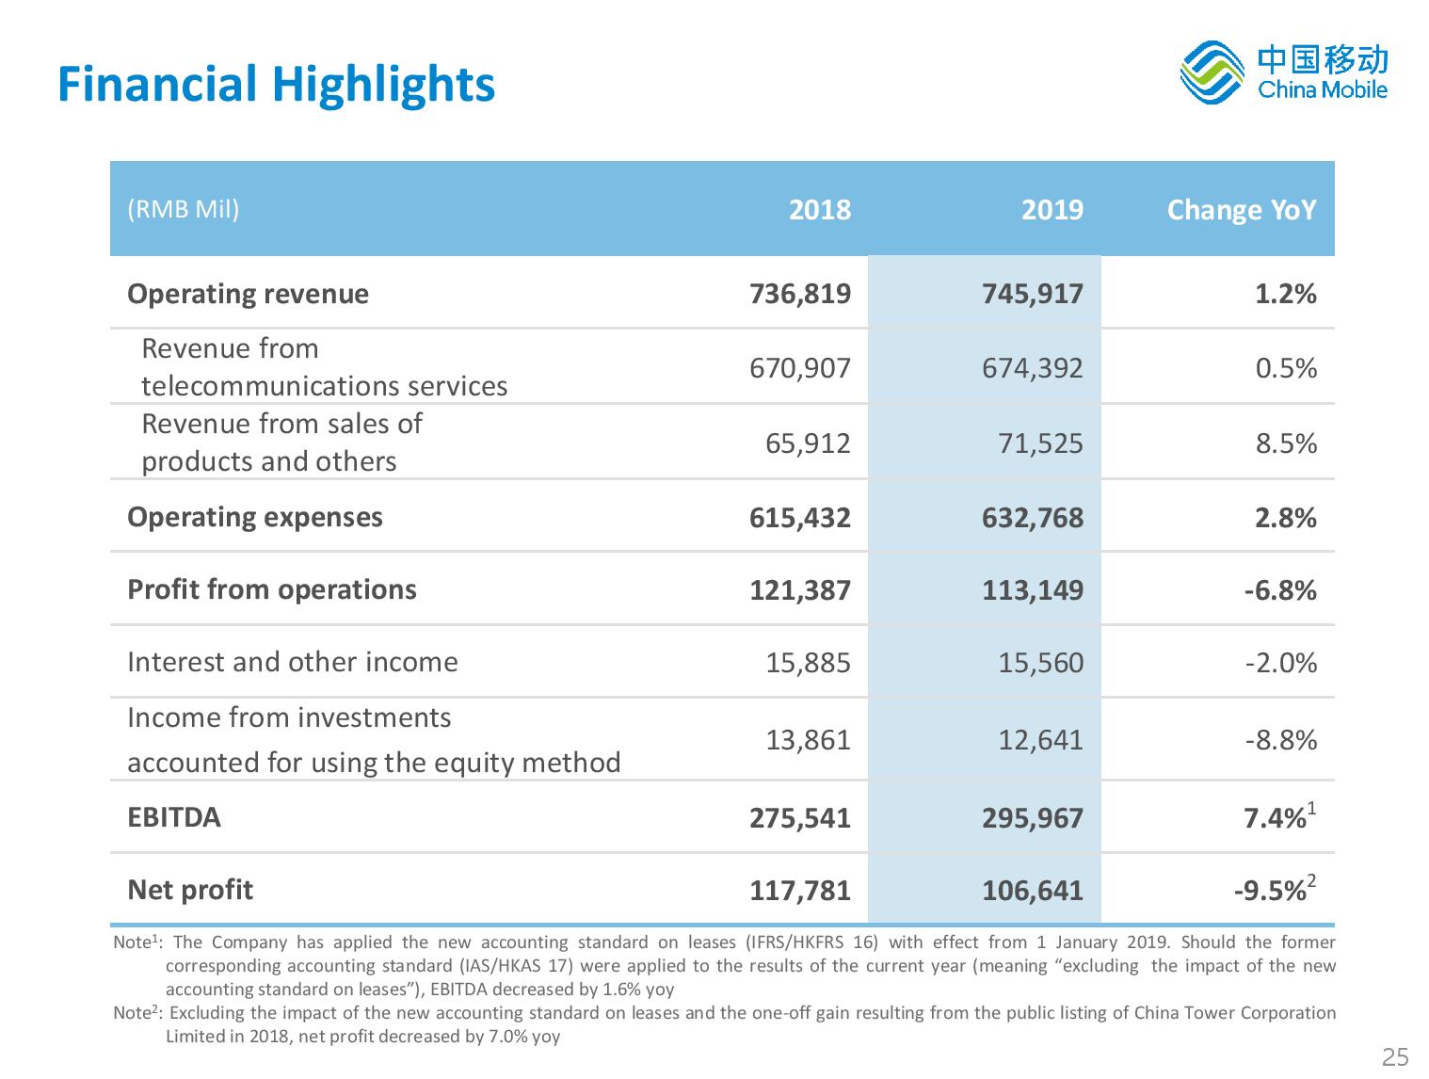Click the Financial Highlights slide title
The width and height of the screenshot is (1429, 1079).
[276, 86]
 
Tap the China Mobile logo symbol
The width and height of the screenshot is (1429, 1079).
[1212, 72]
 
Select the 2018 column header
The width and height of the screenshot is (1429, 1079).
[820, 210]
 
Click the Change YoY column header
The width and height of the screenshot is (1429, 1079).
[1242, 210]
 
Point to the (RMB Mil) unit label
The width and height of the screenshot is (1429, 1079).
[184, 209]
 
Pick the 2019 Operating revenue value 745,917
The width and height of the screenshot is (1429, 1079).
[1033, 294]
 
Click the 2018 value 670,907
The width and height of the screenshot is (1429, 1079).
[800, 368]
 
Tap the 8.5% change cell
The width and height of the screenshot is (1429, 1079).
[1286, 443]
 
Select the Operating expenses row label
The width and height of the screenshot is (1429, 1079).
[255, 518]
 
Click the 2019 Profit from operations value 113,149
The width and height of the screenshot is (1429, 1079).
[1033, 590]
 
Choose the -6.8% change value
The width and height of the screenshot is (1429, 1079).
[1280, 590]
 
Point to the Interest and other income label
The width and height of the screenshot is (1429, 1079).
[293, 662]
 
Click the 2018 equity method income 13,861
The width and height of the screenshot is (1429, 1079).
[808, 740]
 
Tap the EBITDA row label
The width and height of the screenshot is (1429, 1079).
[174, 818]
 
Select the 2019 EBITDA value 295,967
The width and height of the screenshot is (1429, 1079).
[1033, 818]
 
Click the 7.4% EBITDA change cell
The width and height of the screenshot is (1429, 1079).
[1280, 817]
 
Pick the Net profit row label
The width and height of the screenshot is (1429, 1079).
[190, 890]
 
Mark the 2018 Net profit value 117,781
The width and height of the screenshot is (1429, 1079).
[800, 891]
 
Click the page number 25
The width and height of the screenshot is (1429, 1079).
[1395, 1057]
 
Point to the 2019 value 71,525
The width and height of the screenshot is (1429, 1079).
[1040, 443]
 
